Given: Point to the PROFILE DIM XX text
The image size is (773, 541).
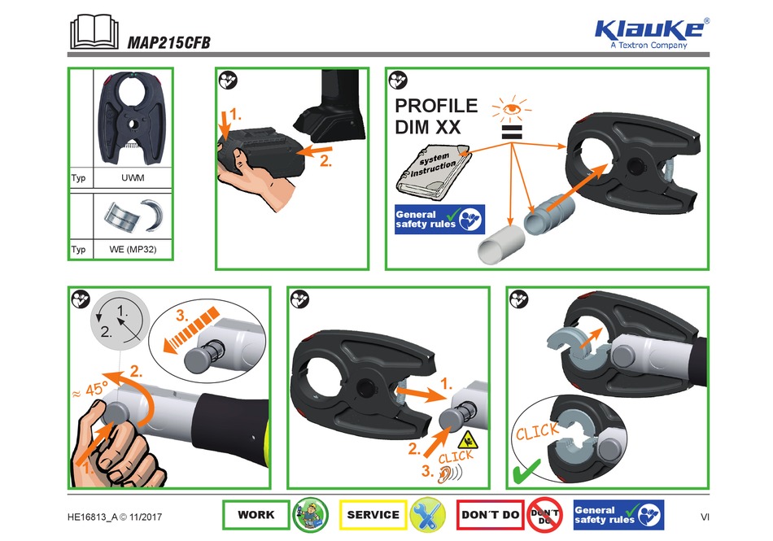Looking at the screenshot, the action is [x=436, y=116].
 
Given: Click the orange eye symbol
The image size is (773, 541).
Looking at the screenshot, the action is [x=511, y=107].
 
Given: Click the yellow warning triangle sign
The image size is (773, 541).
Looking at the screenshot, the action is [x=467, y=441].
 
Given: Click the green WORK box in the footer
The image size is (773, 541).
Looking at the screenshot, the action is [x=255, y=515].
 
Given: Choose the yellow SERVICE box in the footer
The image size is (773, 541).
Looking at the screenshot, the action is [x=373, y=515].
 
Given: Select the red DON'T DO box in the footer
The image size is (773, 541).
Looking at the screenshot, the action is [x=490, y=515].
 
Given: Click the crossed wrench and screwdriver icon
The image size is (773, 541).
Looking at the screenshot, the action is [x=428, y=515].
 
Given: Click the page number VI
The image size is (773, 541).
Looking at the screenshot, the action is [x=705, y=516].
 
